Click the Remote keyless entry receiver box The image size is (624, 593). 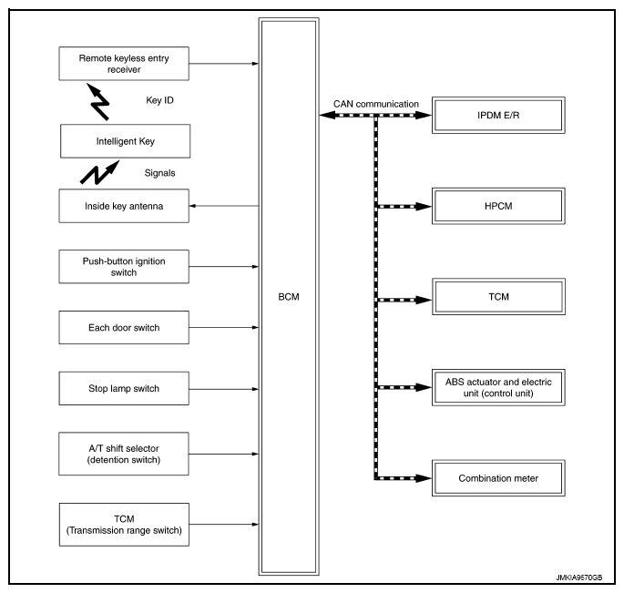pyautogui.click(x=124, y=64)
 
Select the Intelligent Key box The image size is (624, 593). pyautogui.click(x=126, y=141)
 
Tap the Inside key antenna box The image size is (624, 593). pyautogui.click(x=124, y=206)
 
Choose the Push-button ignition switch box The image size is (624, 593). pyautogui.click(x=124, y=267)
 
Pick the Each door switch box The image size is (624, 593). pyautogui.click(x=124, y=328)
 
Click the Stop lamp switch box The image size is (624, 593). pyautogui.click(x=124, y=388)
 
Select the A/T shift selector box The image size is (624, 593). pyautogui.click(x=124, y=454)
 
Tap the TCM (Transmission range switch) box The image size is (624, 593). pyautogui.click(x=124, y=525)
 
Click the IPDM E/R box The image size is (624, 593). pyautogui.click(x=498, y=115)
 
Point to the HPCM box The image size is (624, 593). pyautogui.click(x=498, y=206)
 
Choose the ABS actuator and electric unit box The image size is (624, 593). pyautogui.click(x=498, y=387)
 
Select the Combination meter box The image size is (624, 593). pyautogui.click(x=498, y=478)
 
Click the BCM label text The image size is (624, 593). pyautogui.click(x=289, y=297)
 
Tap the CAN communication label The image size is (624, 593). pyautogui.click(x=376, y=104)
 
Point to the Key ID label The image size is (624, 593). pyautogui.click(x=159, y=100)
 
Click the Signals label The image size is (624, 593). pyautogui.click(x=159, y=173)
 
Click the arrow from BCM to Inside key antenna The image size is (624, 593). pyautogui.click(x=224, y=206)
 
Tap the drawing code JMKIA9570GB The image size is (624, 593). pyautogui.click(x=579, y=578)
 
